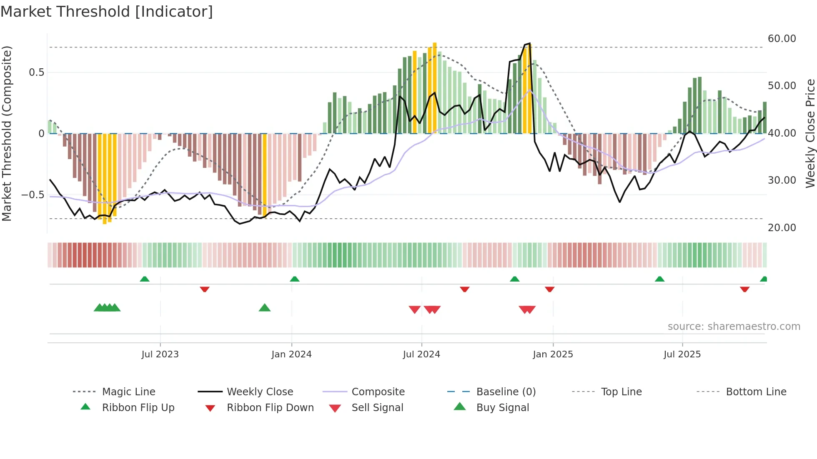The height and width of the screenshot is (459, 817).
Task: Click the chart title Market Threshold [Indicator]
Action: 107,12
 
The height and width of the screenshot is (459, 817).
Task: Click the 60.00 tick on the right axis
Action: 782,39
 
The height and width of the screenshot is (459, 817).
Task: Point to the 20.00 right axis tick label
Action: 782,228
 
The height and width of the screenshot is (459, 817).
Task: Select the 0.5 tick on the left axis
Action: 36,72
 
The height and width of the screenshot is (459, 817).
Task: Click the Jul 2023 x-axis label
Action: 160,354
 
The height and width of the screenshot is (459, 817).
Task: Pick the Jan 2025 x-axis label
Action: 553,354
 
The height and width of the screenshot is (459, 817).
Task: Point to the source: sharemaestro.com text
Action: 734,327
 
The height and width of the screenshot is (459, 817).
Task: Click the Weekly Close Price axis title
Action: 810,133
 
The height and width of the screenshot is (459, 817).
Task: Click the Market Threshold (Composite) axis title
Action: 7,133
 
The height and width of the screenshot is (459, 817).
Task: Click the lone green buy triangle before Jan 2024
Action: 265,308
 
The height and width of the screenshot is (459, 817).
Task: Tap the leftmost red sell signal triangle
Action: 414,309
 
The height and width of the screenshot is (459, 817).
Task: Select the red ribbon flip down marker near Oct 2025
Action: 744,289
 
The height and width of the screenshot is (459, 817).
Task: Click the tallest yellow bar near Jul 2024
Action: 435,87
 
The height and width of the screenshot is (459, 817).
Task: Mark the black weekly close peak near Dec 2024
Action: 529,44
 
